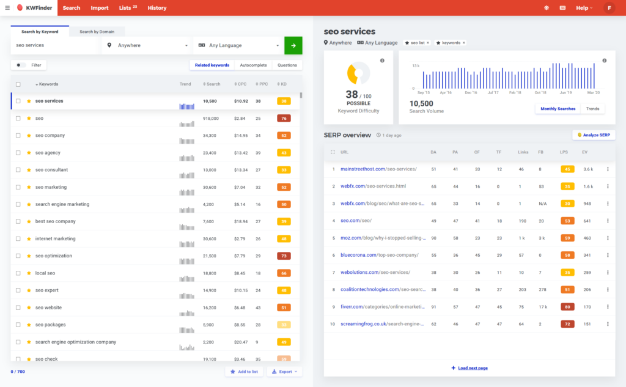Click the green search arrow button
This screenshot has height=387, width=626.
click(293, 45)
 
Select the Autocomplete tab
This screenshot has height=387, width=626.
click(253, 65)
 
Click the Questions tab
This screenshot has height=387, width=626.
click(287, 65)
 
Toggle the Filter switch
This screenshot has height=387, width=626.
click(21, 65)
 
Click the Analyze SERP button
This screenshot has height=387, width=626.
click(594, 135)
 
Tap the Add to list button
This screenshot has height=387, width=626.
click(244, 372)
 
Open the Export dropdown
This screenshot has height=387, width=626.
click(284, 372)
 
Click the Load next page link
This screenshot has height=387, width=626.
click(469, 368)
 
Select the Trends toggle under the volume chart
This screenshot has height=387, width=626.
click(592, 108)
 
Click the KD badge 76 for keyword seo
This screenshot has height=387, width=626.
click(284, 118)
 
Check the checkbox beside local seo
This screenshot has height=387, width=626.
click(18, 273)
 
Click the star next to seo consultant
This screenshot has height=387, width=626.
click(29, 170)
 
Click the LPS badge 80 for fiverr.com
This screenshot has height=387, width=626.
click(567, 307)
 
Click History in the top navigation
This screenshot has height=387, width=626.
click(157, 8)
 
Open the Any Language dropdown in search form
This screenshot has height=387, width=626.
click(238, 45)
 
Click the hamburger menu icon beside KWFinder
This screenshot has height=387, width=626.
click(7, 8)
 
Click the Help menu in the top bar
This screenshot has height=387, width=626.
click(584, 8)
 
